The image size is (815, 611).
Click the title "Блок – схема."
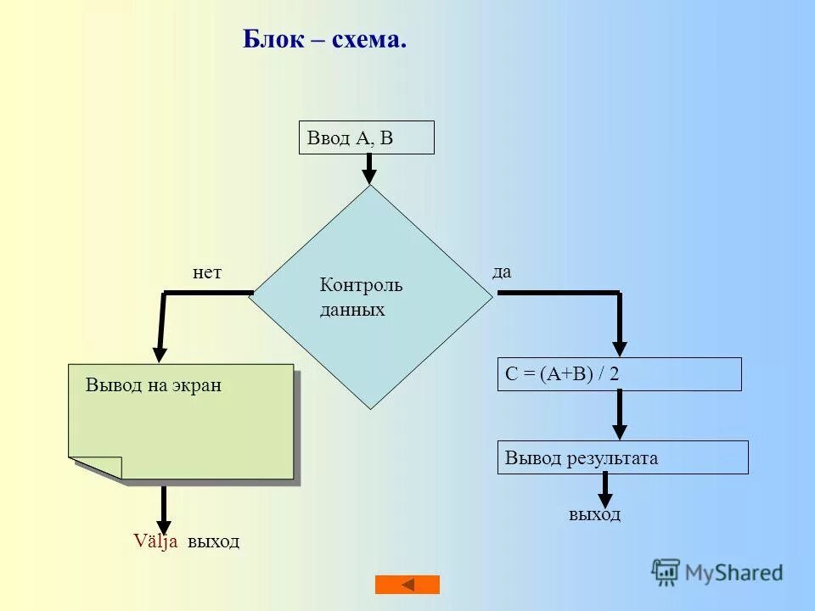(x=324, y=39)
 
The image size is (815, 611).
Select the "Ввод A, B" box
(x=366, y=137)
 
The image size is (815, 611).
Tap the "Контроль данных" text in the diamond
(x=361, y=297)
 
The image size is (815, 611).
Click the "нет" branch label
(x=207, y=272)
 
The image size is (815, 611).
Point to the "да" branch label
(x=502, y=272)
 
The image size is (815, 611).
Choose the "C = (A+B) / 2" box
(x=619, y=374)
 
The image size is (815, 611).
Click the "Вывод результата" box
(x=622, y=457)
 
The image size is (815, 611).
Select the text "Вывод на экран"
(x=154, y=385)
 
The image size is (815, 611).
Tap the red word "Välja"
(x=155, y=541)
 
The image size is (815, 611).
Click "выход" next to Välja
(x=214, y=541)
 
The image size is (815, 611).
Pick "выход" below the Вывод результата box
(x=594, y=514)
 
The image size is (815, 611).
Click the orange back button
(x=407, y=585)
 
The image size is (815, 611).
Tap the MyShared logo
(x=717, y=573)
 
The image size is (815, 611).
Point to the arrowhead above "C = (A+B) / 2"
(x=620, y=348)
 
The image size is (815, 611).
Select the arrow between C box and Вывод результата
(x=620, y=414)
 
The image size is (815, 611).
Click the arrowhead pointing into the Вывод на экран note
(x=160, y=355)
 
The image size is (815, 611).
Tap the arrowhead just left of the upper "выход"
(x=165, y=526)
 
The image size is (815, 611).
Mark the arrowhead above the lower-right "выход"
(x=605, y=500)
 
